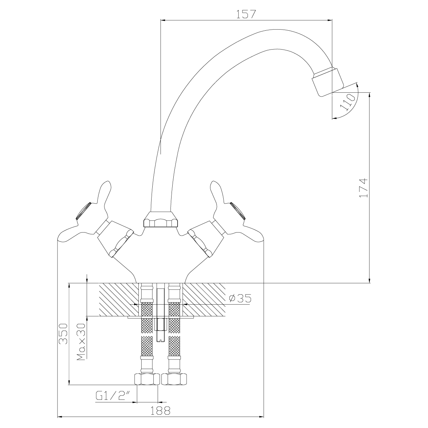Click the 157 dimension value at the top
click(246, 14)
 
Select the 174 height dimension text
click(364, 188)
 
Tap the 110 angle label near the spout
click(348, 102)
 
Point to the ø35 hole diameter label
click(240, 298)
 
